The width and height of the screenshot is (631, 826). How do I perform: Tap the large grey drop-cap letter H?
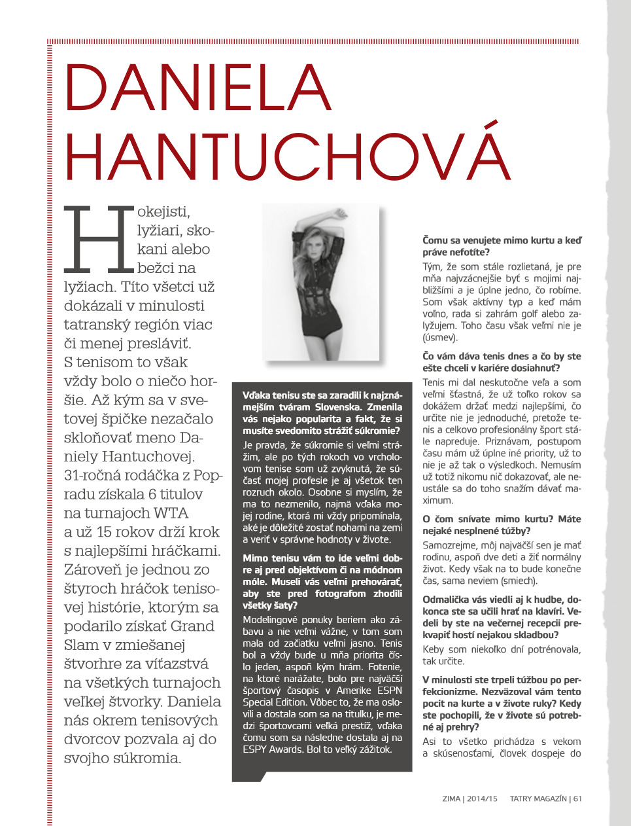[x=98, y=239]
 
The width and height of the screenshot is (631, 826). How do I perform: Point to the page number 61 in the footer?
[x=577, y=799]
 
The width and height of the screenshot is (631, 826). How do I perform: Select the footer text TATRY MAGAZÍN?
[x=538, y=799]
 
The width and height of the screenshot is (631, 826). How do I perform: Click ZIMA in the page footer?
[x=451, y=799]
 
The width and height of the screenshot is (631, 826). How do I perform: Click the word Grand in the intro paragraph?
[x=192, y=626]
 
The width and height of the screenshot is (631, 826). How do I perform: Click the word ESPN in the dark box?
[x=389, y=690]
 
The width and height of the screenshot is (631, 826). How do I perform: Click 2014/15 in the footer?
[x=482, y=799]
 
